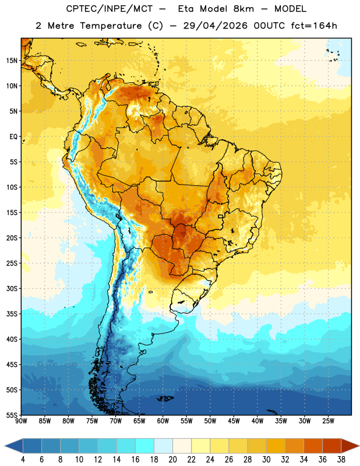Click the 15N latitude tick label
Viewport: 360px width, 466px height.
point(12,61)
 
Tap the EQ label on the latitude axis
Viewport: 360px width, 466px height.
point(13,137)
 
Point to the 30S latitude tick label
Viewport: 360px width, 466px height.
point(12,288)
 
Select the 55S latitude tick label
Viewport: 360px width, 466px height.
point(12,415)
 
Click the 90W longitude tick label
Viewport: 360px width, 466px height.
point(21,421)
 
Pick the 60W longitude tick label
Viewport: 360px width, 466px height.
point(163,421)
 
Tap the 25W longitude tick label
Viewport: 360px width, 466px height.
point(328,421)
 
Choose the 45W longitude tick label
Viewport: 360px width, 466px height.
point(234,421)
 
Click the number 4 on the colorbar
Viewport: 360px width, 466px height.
point(23,460)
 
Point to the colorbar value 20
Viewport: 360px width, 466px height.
point(172,460)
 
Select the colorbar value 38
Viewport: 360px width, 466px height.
point(341,460)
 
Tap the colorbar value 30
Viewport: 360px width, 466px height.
point(266,460)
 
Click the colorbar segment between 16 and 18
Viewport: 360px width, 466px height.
point(145,446)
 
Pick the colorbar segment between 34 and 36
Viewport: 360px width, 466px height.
point(313,446)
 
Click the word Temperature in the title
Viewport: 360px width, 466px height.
point(111,26)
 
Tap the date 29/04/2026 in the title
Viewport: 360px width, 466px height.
point(215,26)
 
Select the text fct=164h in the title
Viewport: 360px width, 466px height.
point(314,26)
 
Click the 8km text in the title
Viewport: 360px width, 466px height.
point(243,9)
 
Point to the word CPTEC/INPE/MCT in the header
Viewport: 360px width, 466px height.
point(110,9)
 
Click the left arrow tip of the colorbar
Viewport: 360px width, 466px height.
point(5,446)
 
